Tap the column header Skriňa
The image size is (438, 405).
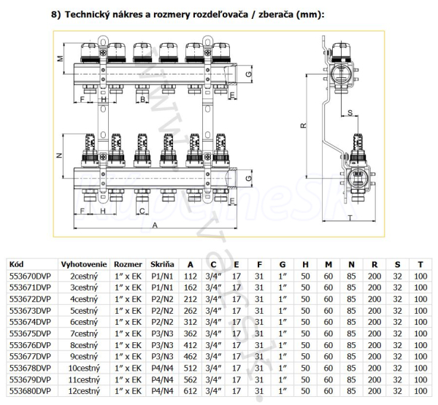pyautogui.click(x=162, y=263)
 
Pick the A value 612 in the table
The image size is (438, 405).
pyautogui.click(x=191, y=391)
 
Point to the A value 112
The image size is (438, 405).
pyautogui.click(x=191, y=276)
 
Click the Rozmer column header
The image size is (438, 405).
pyautogui.click(x=128, y=263)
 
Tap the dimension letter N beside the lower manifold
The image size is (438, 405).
pyautogui.click(x=58, y=157)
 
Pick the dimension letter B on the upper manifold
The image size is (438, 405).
pyautogui.click(x=143, y=98)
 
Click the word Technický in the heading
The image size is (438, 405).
pyautogui.click(x=95, y=15)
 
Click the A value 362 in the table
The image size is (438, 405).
pyautogui.click(x=191, y=333)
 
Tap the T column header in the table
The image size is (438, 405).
pyautogui.click(x=420, y=263)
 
